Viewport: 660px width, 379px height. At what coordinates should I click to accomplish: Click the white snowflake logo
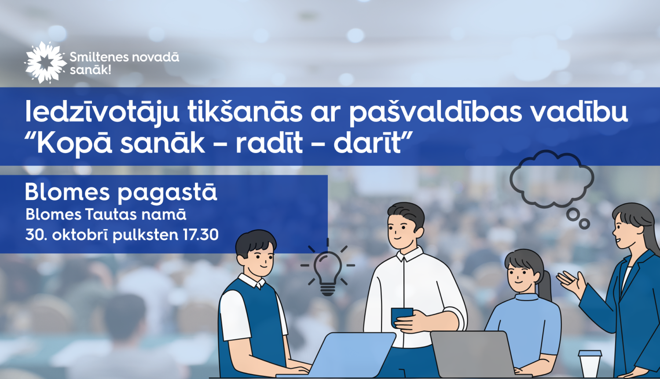click(45, 62)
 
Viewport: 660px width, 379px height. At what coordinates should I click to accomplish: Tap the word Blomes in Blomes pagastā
click(67, 192)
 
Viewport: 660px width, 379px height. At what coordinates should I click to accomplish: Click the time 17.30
click(201, 234)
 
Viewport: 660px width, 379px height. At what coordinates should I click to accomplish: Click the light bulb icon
click(328, 271)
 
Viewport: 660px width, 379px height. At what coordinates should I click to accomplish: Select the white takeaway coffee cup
click(590, 364)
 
